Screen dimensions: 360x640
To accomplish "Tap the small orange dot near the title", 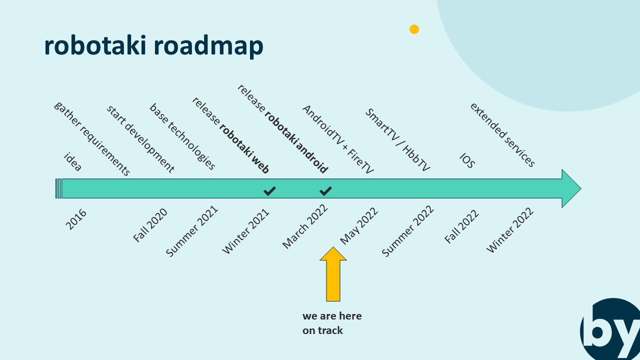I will click(414, 29).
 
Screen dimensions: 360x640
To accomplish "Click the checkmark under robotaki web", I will click(270, 190).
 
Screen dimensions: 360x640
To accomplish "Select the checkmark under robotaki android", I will click(325, 190).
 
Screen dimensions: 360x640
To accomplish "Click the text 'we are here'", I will click(332, 316).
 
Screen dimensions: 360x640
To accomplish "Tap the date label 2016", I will click(76, 219).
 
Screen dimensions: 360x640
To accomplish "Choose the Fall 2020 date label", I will click(150, 225).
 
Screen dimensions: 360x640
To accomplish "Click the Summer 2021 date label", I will click(192, 231).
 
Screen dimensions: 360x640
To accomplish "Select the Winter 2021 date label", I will click(246, 231).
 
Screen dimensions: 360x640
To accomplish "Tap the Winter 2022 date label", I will click(510, 230).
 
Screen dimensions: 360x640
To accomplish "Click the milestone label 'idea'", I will click(73, 162).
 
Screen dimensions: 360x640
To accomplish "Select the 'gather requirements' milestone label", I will click(92, 139).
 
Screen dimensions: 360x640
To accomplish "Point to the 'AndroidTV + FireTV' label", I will click(338, 140).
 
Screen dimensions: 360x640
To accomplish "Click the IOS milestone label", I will click(467, 161).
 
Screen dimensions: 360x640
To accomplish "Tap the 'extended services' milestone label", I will click(502, 135).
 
